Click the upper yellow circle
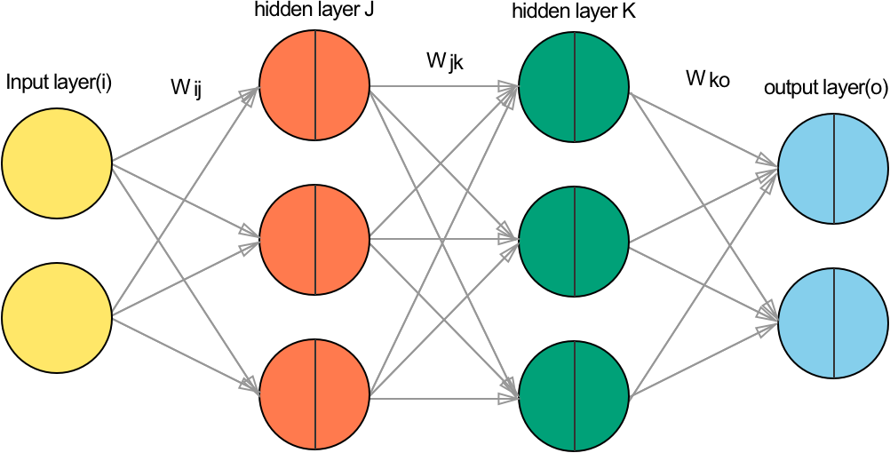[x=57, y=163]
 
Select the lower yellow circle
[x=57, y=318]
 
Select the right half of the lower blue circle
[x=860, y=323]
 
